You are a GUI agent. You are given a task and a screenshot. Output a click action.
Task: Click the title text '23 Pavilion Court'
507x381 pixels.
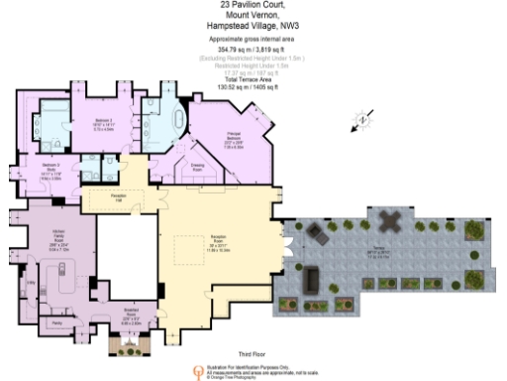click(x=253, y=6)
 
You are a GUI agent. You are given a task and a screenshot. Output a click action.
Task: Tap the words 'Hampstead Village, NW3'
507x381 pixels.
click(x=253, y=27)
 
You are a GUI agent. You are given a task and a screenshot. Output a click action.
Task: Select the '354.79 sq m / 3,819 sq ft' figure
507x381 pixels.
click(x=253, y=49)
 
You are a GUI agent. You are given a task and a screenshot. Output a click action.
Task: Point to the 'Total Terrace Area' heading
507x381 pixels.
click(x=253, y=79)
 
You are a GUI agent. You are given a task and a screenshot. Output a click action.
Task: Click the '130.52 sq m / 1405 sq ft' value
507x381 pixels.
click(x=253, y=87)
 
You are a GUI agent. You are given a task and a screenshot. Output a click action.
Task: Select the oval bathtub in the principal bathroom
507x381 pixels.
click(x=179, y=122)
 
